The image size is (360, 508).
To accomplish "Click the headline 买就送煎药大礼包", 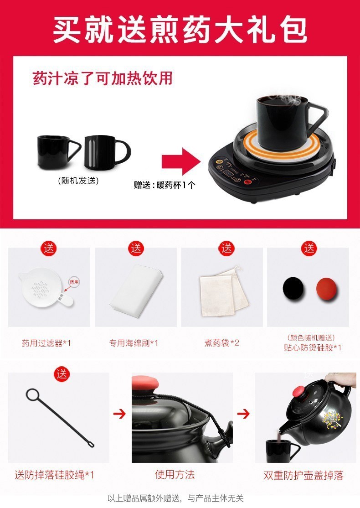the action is tap(180, 30).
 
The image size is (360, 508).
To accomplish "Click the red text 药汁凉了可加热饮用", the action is tap(103, 78).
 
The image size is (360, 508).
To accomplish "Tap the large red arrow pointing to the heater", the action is tap(181, 161).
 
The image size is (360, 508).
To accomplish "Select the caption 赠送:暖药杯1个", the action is tap(165, 185).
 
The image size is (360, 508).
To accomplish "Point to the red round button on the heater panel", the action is tap(248, 182).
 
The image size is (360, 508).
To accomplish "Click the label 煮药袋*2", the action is tap(222, 343).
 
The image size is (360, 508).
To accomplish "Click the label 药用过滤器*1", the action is tap(46, 343).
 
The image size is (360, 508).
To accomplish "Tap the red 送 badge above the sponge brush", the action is tap(136, 249).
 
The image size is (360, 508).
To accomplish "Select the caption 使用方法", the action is tap(175, 475).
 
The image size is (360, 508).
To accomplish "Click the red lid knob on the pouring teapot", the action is tap(301, 391).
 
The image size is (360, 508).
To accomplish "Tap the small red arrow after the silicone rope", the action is tap(119, 414).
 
